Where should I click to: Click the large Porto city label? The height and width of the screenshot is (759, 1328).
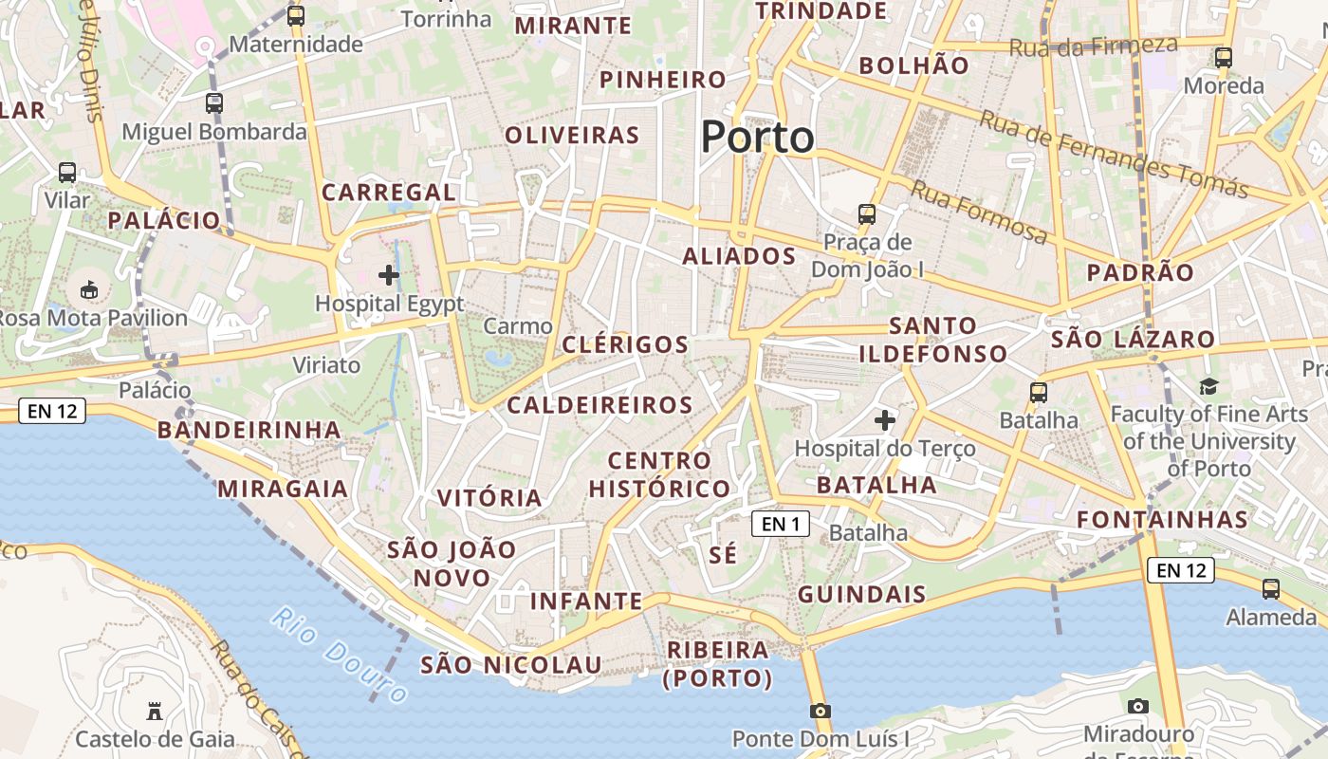[x=757, y=138]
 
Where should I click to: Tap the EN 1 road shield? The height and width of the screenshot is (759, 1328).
[x=782, y=523]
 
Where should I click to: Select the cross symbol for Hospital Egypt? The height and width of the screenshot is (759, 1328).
[x=389, y=275]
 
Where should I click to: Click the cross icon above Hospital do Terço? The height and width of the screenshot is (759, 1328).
[x=885, y=419]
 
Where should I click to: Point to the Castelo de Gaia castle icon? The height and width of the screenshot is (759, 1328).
[x=154, y=711]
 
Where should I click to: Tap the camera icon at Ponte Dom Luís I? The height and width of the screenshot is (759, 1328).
[x=821, y=711]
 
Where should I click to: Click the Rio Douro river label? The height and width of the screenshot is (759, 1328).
[x=339, y=654]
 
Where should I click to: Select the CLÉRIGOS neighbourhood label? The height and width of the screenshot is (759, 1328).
[x=625, y=344]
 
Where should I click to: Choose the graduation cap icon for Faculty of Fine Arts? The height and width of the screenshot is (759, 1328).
[x=1208, y=386]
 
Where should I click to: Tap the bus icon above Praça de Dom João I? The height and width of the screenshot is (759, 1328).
[x=867, y=213]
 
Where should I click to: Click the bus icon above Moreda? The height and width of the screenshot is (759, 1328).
[x=1224, y=58]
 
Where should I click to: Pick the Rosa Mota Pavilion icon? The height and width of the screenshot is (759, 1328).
[x=89, y=288]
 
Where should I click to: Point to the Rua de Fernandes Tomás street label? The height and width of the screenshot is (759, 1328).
[x=1114, y=154]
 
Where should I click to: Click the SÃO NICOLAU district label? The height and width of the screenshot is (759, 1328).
[x=511, y=665]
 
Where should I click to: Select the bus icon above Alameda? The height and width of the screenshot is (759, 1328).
[x=1271, y=588]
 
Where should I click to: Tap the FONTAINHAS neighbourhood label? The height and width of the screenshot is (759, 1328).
[x=1163, y=520]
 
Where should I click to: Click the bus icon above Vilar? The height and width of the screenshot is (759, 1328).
[x=67, y=173]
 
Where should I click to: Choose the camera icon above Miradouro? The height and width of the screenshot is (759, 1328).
[x=1138, y=706]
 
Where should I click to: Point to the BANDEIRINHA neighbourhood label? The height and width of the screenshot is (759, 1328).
[x=249, y=431]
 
